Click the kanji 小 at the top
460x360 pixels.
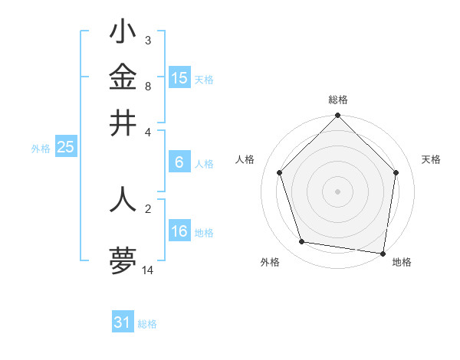tap(123, 32)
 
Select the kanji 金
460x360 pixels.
tap(123, 77)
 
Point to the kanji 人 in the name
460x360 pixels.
tap(123, 198)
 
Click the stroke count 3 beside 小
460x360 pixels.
tap(147, 40)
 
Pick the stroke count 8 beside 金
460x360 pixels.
tap(147, 86)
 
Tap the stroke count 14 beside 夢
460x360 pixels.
tap(149, 270)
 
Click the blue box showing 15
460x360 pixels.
tap(179, 77)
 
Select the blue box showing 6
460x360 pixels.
tap(179, 162)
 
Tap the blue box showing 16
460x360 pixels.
tap(179, 231)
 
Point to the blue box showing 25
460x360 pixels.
tap(66, 148)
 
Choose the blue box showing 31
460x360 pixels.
tap(123, 322)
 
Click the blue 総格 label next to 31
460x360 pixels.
tap(147, 324)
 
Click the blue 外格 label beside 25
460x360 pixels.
tap(40, 149)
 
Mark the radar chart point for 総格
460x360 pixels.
tap(338, 116)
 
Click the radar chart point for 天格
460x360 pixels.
tap(396, 172)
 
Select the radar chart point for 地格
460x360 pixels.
tap(383, 252)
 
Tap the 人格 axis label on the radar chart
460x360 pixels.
tap(245, 159)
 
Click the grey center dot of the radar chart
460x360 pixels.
tap(338, 191)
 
